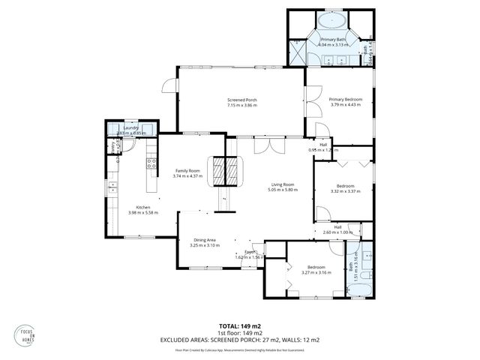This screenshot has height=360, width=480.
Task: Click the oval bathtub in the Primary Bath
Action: coord(330,20)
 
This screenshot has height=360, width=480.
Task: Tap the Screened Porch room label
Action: coord(242,100)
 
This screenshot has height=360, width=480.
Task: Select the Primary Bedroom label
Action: coord(346,99)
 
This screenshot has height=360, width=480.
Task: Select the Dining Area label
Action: coord(205,240)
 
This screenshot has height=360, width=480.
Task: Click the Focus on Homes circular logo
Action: coord(27,336)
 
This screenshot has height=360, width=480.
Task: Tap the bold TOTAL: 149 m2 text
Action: coord(240,325)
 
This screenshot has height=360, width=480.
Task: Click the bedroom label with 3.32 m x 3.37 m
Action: coord(346,185)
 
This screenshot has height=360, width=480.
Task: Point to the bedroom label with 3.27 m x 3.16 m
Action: coord(315,268)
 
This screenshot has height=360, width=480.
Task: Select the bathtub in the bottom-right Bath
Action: coord(359,289)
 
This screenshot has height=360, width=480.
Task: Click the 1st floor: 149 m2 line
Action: coord(240,332)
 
